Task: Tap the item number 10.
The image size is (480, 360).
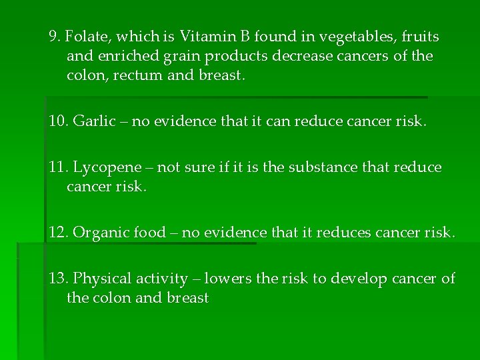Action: pos(58,122)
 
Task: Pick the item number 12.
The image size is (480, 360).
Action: pos(58,233)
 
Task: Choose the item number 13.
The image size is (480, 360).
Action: pos(58,279)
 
